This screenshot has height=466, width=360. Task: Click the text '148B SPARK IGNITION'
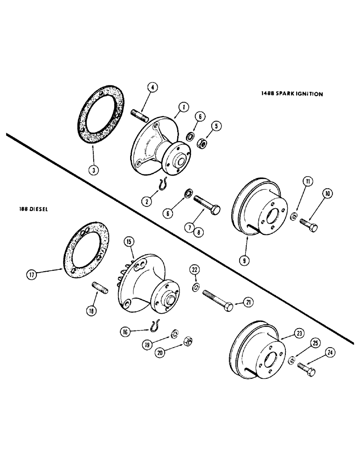(x=292, y=94)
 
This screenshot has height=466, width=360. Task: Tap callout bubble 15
(x=129, y=242)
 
